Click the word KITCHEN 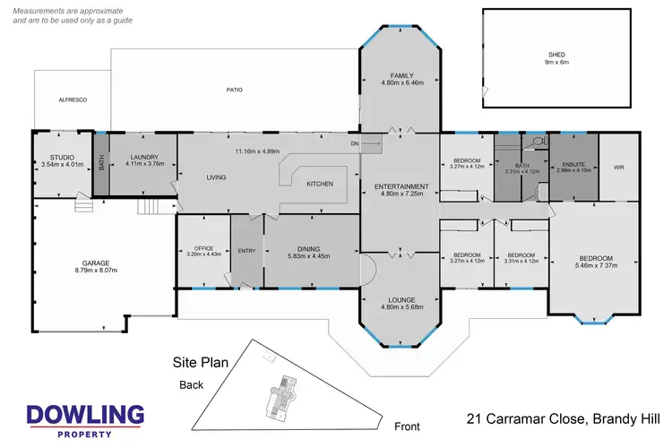pyautogui.click(x=321, y=184)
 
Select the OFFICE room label pyautogui.click(x=202, y=246)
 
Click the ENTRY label pyautogui.click(x=246, y=251)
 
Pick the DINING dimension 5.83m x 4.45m pyautogui.click(x=306, y=255)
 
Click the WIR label pyautogui.click(x=618, y=167)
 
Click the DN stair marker pyautogui.click(x=355, y=142)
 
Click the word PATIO pyautogui.click(x=235, y=90)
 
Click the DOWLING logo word pyautogui.click(x=85, y=415)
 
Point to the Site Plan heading pyautogui.click(x=201, y=363)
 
